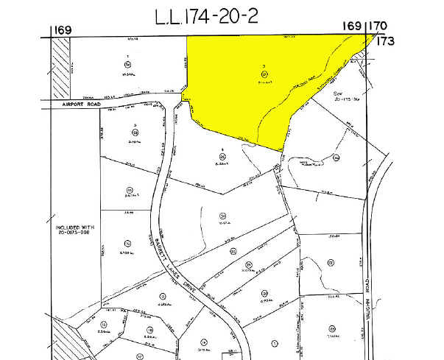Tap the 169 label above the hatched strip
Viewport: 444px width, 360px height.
61,30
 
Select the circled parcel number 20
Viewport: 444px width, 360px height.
263,293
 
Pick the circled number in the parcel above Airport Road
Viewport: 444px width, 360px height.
127,63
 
